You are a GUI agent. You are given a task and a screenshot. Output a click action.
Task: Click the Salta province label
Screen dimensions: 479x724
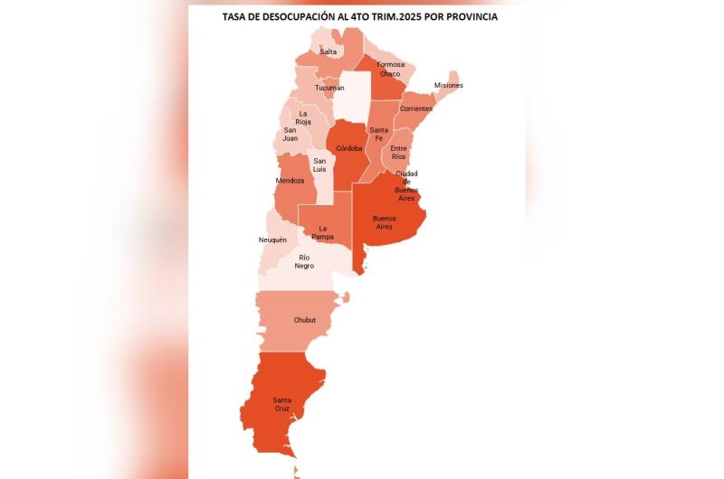(329, 52)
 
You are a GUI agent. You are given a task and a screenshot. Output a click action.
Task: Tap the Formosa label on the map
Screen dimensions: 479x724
(391, 64)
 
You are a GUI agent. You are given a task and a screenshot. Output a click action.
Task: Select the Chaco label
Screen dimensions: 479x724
(390, 73)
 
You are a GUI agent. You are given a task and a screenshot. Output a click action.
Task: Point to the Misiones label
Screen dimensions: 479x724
(448, 85)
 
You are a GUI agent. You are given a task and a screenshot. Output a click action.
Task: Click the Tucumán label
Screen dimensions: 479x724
(329, 88)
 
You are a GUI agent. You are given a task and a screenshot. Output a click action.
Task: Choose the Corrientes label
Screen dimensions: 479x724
(416, 108)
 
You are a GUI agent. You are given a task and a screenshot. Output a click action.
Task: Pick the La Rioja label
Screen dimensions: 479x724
(303, 117)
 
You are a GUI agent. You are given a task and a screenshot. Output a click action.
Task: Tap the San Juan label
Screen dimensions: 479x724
(291, 135)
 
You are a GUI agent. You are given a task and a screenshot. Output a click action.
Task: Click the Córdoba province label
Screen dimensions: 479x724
(349, 147)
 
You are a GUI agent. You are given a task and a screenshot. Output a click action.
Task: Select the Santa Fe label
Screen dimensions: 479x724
(379, 135)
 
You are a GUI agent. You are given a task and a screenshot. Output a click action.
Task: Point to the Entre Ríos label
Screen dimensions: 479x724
(398, 152)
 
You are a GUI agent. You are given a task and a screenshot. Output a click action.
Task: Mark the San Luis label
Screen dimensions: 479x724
(320, 164)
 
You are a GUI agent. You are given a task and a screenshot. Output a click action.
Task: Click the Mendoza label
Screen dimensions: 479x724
(290, 181)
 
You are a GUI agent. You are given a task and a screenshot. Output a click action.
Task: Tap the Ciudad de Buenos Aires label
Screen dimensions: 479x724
(406, 185)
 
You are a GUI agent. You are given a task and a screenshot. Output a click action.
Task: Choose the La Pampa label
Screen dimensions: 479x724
(324, 232)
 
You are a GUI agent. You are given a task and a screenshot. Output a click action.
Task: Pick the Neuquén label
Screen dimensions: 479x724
(272, 239)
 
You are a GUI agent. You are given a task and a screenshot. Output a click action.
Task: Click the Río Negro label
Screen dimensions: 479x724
(304, 261)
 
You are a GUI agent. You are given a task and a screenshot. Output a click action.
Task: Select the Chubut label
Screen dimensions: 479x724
(305, 320)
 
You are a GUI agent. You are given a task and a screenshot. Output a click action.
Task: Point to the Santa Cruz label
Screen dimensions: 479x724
(283, 404)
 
